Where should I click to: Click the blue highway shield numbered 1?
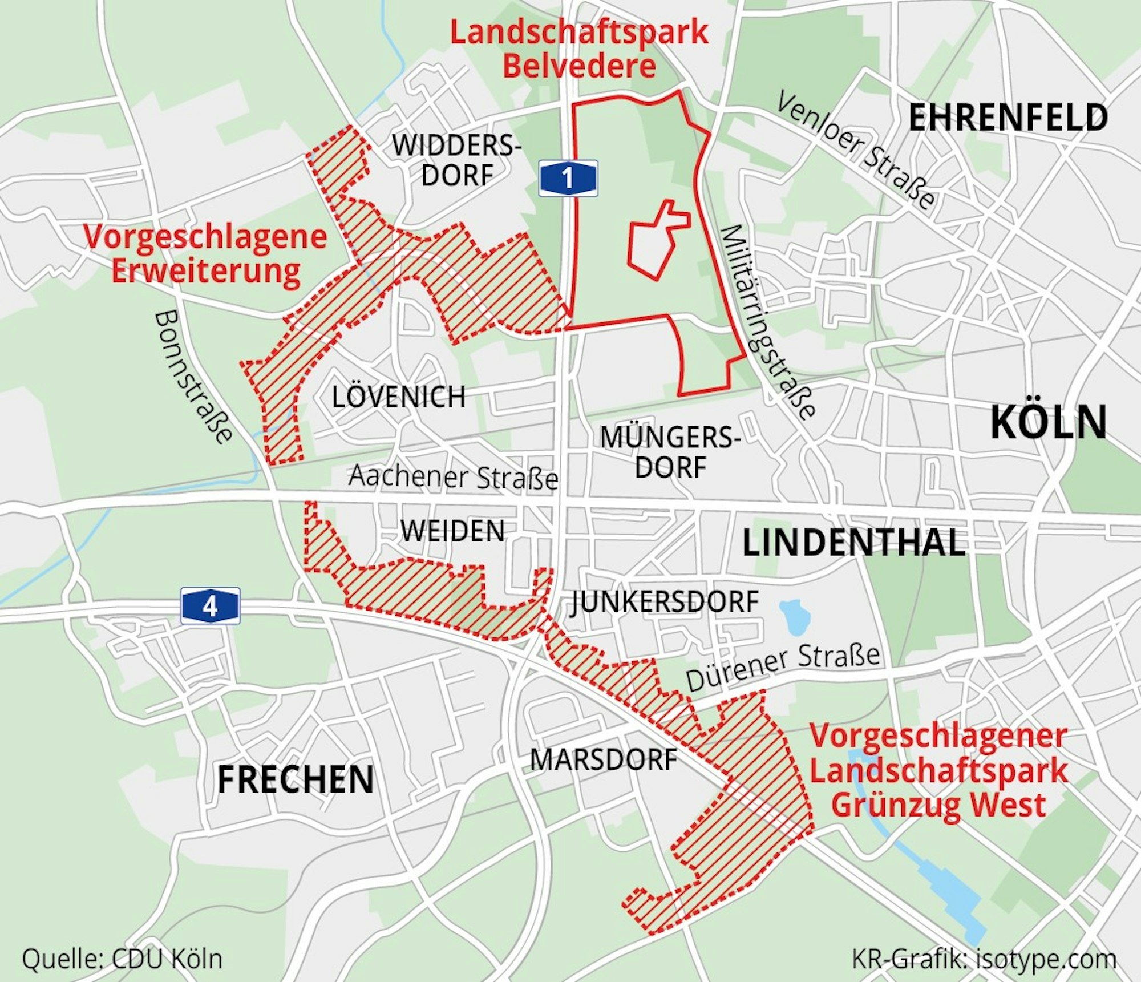point(568,178)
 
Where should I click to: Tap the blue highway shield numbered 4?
point(210,606)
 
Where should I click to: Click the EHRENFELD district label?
point(1008,118)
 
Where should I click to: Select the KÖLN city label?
point(1048,422)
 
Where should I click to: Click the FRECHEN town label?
point(296,779)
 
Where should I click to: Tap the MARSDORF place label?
point(603,760)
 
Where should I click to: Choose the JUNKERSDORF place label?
point(665,602)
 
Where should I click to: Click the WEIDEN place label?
point(452,531)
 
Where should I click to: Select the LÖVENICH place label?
point(398,397)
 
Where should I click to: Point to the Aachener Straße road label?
point(453,477)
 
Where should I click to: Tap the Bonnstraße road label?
point(193,377)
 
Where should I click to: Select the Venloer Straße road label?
point(856,149)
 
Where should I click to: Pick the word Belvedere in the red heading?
point(578,66)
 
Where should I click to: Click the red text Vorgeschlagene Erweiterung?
point(205,253)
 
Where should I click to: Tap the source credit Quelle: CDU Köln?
point(122,959)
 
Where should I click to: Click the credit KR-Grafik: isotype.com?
point(984,959)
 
